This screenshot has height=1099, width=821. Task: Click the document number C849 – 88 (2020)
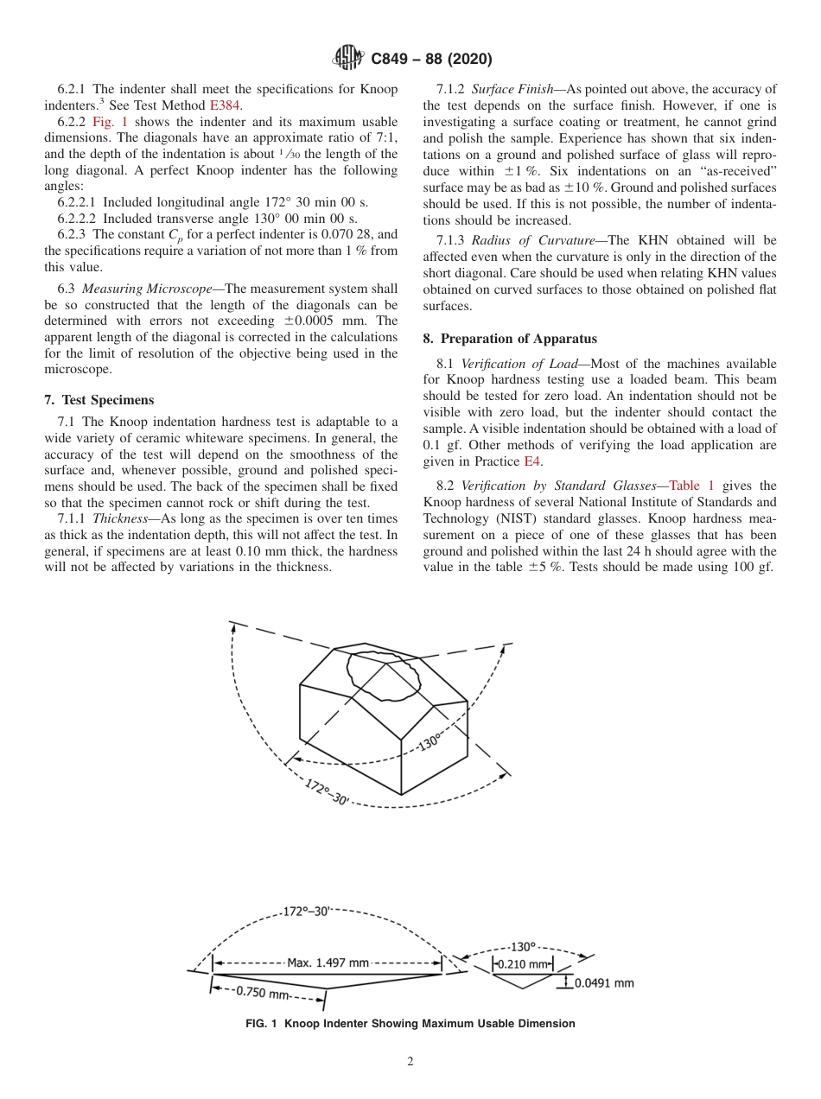431,60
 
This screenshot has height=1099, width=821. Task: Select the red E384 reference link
226,105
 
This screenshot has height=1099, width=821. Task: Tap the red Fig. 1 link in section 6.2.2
110,122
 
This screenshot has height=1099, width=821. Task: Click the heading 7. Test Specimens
99,400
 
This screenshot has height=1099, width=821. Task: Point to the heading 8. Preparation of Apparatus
510,339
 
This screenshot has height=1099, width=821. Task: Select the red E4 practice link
533,461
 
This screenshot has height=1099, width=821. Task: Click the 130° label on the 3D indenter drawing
430,740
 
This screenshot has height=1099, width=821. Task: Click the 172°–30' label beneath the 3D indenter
328,791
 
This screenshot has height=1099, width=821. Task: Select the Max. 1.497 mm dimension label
328,962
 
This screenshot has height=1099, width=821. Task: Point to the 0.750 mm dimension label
263,993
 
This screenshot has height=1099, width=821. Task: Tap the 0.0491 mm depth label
604,982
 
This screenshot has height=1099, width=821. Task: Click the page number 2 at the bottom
410,1062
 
